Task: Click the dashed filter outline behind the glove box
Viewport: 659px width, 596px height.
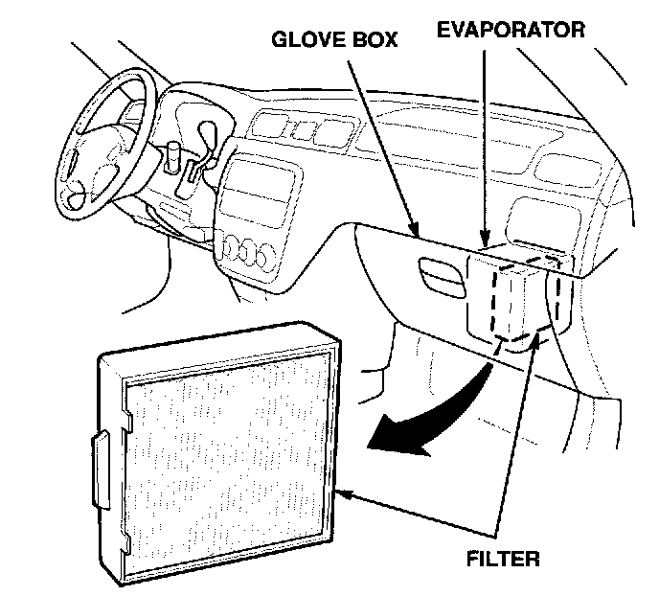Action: [x=517, y=297]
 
